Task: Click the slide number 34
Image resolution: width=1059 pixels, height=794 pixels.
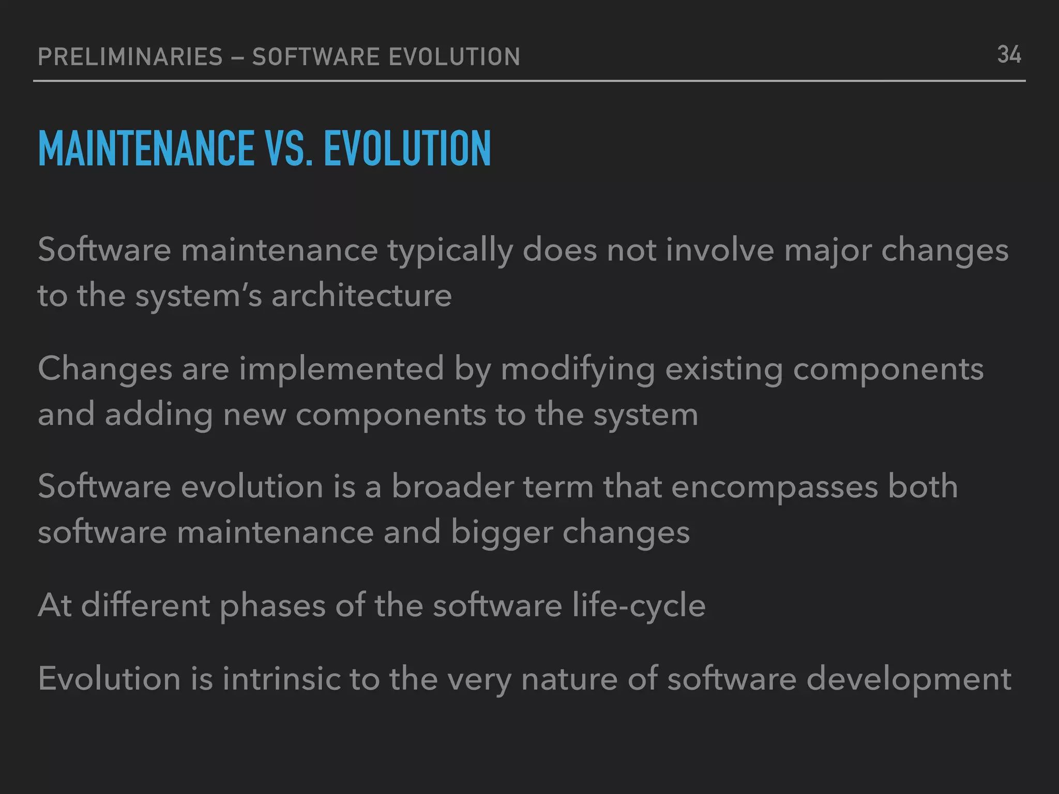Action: [x=1008, y=55]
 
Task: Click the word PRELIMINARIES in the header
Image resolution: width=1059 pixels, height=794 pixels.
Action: [x=130, y=57]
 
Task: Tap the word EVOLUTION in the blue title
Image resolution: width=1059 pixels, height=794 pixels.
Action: [x=407, y=149]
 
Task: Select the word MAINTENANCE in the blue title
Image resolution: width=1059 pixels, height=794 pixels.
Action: [x=146, y=149]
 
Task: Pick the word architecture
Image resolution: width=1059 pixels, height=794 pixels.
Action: [x=361, y=296]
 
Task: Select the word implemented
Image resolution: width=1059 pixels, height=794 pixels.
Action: [x=341, y=369]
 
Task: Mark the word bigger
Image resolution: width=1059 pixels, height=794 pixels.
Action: [x=502, y=533]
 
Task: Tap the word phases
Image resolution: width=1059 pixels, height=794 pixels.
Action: [x=272, y=606]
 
